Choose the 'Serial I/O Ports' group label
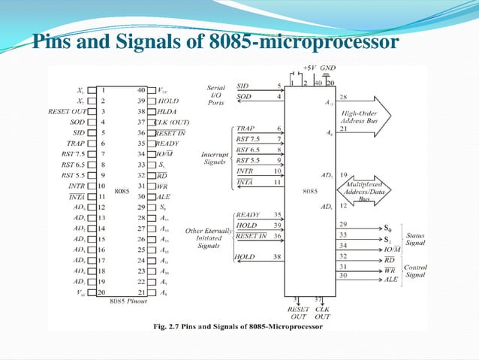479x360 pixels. (215, 95)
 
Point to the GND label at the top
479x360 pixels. (327, 67)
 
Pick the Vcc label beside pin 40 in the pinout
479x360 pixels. (165, 89)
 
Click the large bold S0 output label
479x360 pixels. (387, 226)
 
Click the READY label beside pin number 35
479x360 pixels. (248, 215)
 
